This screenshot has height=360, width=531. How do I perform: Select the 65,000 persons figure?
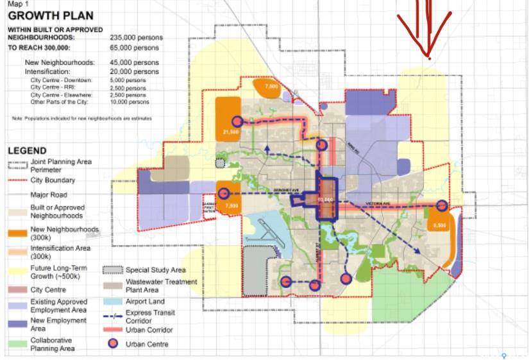[134, 48]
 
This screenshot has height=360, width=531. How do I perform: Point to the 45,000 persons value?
[134, 62]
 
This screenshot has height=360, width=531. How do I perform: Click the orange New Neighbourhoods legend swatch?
[17, 231]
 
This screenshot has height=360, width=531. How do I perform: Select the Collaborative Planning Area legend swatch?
[17, 344]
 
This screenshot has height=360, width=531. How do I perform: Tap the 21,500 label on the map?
[231, 132]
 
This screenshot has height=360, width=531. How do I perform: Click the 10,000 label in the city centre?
[326, 200]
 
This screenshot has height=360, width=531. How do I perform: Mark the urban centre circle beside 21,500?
[238, 121]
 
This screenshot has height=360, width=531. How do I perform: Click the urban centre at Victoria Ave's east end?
[442, 205]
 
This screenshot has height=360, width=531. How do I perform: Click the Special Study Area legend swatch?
[113, 270]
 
